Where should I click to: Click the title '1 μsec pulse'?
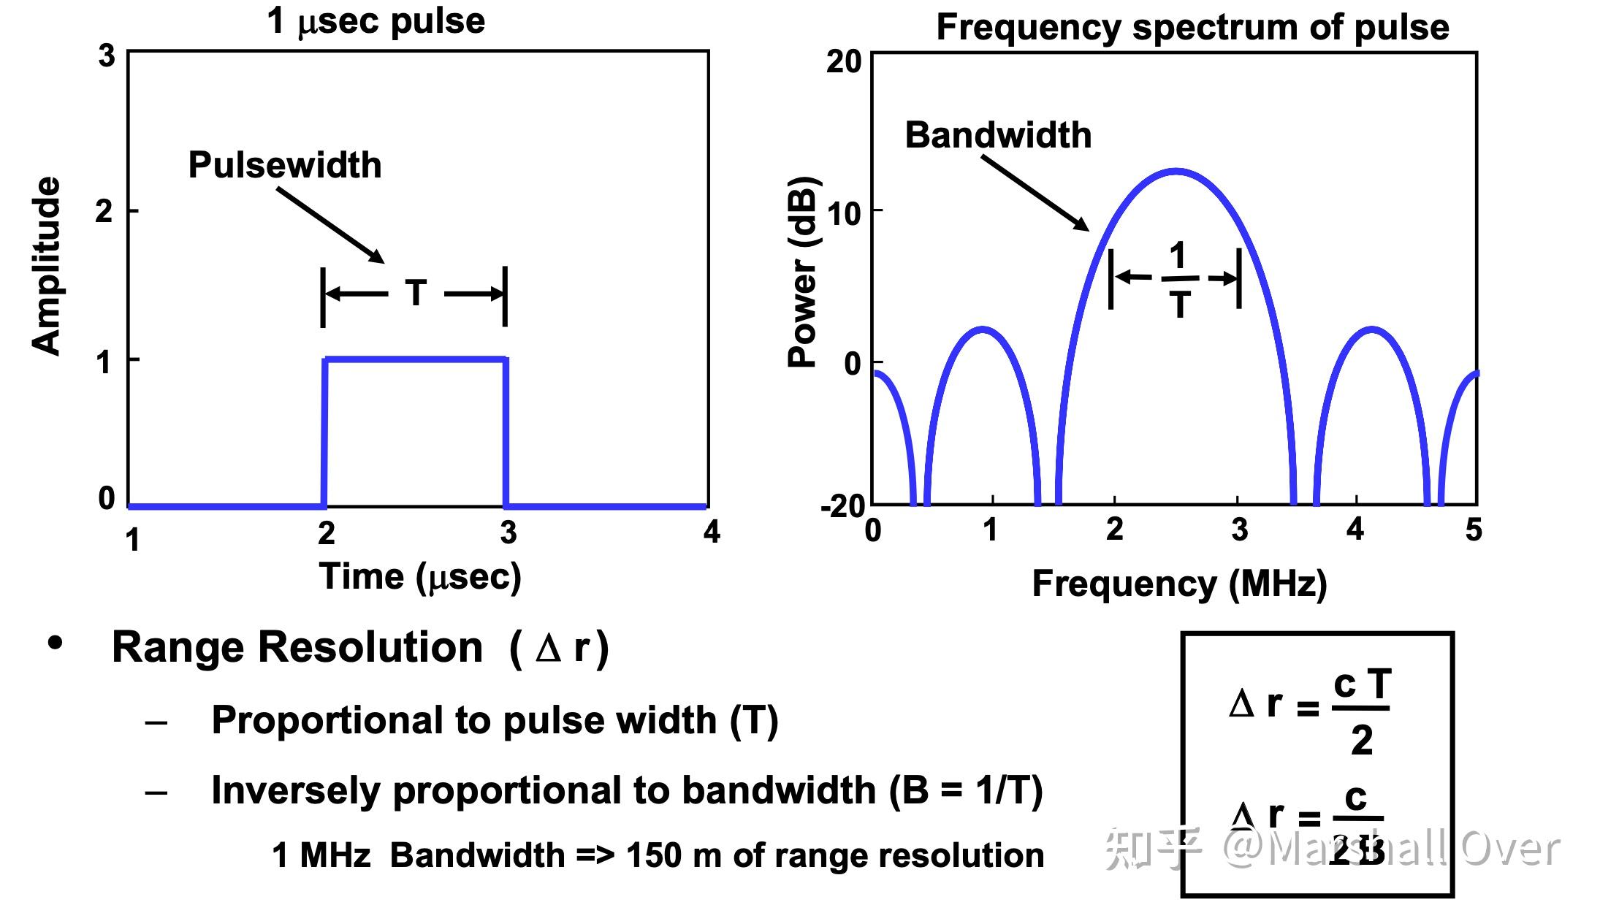coord(376,20)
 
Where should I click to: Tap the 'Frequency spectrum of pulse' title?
coord(1192,28)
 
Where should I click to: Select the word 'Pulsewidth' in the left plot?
coord(285,165)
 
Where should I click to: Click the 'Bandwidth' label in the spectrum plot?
coord(998,135)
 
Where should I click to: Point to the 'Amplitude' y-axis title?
coord(47,267)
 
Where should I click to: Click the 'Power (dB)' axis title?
coord(802,272)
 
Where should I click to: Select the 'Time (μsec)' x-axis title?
coord(420,577)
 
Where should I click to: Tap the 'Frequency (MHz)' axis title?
coord(1179,584)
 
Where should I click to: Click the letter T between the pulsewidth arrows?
coord(416,294)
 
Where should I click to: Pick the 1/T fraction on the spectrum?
coord(1177,279)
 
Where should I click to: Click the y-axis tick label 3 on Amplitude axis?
coord(107,56)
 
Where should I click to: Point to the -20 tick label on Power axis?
coord(842,506)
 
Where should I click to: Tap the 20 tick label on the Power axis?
coord(844,62)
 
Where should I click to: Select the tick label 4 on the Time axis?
coord(712,532)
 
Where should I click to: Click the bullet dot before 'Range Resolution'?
coord(55,644)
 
